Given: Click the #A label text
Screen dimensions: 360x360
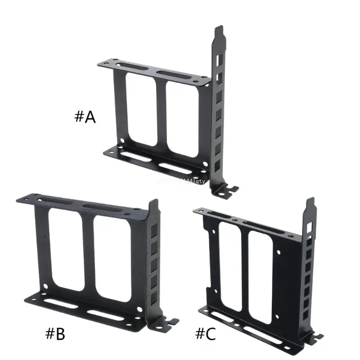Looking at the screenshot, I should (x=85, y=117).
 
